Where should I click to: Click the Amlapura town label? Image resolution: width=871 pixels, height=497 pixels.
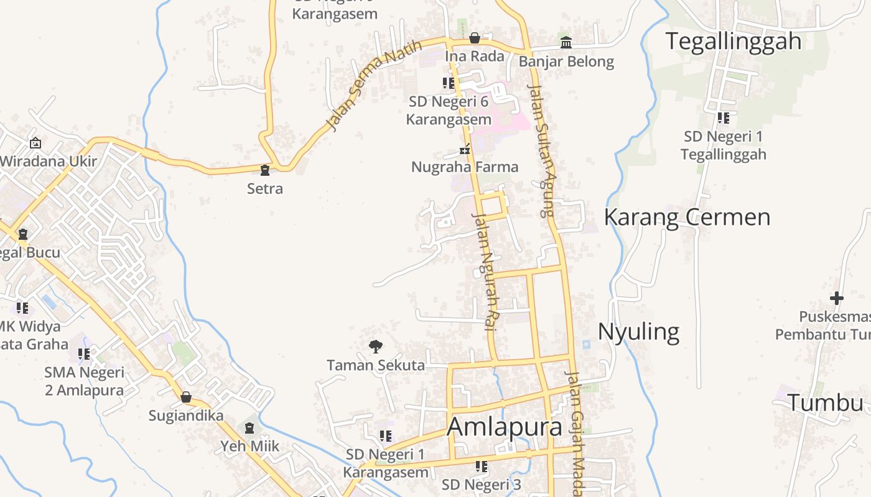pos(505,427)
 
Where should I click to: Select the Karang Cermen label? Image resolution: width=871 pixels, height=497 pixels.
pos(687,217)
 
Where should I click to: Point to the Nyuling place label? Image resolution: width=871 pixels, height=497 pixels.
pos(638,332)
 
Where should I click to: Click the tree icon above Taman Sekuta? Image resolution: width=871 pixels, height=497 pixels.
pos(375,347)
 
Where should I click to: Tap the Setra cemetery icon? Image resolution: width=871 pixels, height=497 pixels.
pos(265,170)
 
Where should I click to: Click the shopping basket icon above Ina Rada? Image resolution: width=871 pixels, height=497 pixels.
pos(475,39)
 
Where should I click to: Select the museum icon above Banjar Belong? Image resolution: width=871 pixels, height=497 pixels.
pos(566,43)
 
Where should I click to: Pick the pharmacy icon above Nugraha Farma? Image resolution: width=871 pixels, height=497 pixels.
pos(464,149)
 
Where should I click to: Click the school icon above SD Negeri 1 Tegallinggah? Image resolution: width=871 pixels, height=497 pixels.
pos(723,117)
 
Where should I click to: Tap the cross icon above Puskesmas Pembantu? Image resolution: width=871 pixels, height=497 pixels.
pos(837,298)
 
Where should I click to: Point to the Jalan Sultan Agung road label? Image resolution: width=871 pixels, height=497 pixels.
pos(541,150)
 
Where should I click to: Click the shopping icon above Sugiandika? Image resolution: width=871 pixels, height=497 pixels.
pos(185,397)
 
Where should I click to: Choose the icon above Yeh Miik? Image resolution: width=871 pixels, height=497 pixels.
pos(249,428)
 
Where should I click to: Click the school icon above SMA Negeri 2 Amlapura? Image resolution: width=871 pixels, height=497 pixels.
pos(84,354)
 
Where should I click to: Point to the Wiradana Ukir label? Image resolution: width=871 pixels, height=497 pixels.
pos(49,162)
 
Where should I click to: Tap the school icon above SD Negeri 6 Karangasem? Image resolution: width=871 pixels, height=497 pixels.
pos(448,83)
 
